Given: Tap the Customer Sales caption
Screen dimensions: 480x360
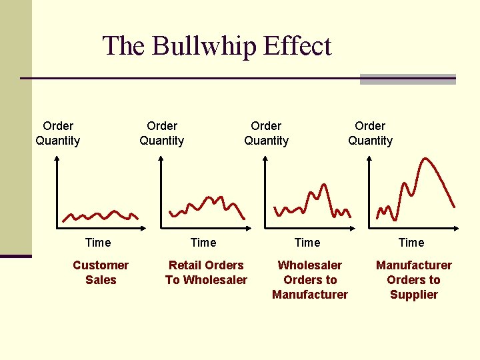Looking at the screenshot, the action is point(101,273).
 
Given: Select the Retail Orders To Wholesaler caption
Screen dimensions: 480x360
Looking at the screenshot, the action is point(206,273).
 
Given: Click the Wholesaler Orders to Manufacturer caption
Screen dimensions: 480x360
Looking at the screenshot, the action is point(310,280).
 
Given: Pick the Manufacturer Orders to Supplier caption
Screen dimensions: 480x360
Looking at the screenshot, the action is point(414,280).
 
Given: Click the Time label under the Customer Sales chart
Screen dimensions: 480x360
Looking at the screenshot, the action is point(99,243).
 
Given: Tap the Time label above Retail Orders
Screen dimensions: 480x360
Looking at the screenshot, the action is point(203,243).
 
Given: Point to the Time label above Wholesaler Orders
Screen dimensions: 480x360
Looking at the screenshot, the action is point(307,243).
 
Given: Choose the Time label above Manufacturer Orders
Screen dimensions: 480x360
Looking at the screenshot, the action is point(411,243).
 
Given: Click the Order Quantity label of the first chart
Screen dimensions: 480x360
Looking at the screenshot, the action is point(58,133).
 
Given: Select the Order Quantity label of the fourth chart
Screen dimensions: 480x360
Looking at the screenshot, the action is point(370,133).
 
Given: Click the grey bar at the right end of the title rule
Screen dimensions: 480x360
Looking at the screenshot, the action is point(407,79).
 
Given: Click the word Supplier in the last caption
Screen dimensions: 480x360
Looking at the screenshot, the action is point(414,295).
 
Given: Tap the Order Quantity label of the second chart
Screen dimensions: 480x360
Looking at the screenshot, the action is point(162,133).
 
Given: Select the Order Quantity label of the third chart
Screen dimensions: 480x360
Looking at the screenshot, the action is point(266,133).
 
